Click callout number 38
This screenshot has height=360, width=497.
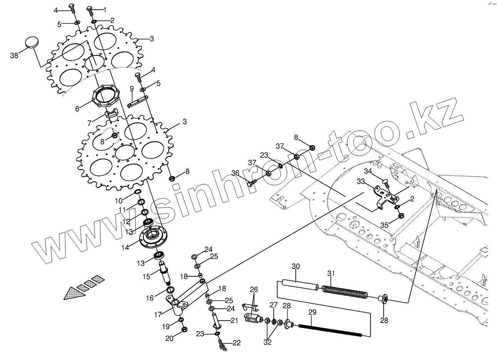14,56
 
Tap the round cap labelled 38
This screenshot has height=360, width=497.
32,42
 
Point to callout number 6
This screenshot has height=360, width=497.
77,109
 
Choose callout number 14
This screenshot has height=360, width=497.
125,247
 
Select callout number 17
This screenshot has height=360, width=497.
158,314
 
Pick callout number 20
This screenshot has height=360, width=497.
170,338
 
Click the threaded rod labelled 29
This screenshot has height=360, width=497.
330,330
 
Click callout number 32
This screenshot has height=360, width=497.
267,342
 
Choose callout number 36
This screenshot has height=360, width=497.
235,173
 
